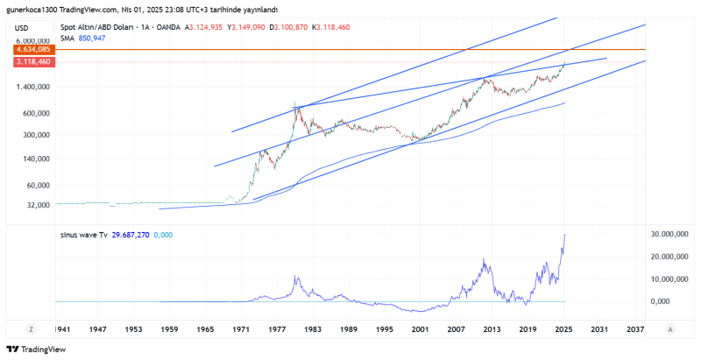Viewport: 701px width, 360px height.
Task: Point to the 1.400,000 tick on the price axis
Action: point(34,88)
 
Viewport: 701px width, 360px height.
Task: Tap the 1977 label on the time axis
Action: point(277,328)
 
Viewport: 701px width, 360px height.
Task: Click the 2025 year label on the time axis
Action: point(563,328)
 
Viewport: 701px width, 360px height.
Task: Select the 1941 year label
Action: point(63,328)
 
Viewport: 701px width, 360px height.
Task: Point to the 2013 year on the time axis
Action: point(491,328)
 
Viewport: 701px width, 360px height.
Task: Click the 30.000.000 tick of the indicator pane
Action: point(670,235)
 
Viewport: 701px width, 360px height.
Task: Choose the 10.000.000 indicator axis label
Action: point(670,279)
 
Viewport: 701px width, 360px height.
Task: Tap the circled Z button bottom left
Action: point(31,329)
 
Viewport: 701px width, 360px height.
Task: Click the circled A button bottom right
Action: point(669,329)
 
